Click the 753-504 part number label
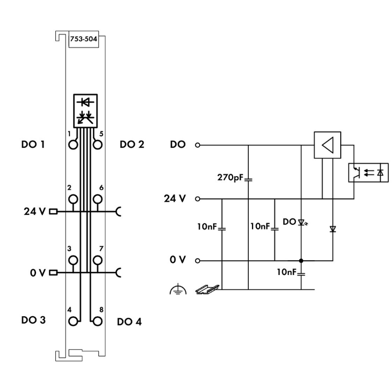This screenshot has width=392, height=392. (84, 39)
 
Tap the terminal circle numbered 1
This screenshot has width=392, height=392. (73, 145)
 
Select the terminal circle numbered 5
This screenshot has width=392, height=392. (98, 145)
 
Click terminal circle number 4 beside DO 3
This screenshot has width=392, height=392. (73, 321)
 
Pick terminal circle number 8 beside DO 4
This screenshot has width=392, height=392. (98, 321)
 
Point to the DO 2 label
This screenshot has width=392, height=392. (132, 144)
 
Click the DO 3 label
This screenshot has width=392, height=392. (33, 320)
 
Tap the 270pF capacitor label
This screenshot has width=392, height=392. (230, 178)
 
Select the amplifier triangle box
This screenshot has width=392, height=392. (328, 145)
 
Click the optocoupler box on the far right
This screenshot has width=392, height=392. (368, 172)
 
